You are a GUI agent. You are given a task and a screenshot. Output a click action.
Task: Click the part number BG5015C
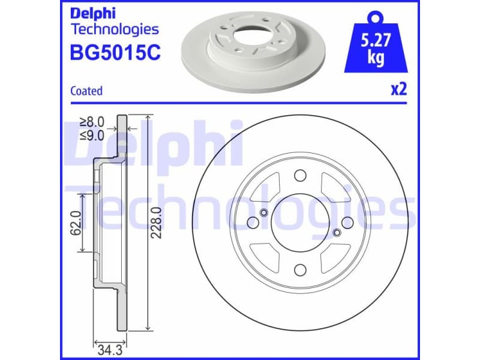(x=115, y=53)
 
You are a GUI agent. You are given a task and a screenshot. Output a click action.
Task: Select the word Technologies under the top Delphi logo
(x=115, y=29)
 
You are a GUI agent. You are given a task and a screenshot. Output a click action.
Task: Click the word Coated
(x=86, y=91)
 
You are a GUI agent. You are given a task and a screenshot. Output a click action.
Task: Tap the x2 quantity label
(x=399, y=90)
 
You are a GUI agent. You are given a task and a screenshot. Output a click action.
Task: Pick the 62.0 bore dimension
(x=76, y=222)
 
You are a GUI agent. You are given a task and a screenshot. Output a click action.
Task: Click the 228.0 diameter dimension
(x=157, y=222)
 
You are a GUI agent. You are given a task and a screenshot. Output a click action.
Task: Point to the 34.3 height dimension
(x=106, y=346)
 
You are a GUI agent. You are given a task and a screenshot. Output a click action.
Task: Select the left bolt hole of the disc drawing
(x=252, y=223)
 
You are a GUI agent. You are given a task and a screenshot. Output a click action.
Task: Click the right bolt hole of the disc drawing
(x=347, y=223)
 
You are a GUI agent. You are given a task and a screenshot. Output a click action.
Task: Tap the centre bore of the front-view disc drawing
(x=299, y=223)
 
